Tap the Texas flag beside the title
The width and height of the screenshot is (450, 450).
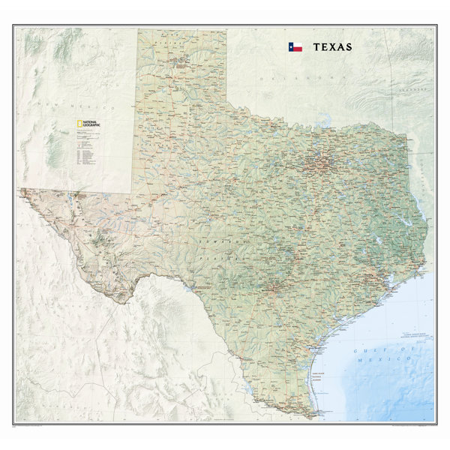[295, 46]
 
